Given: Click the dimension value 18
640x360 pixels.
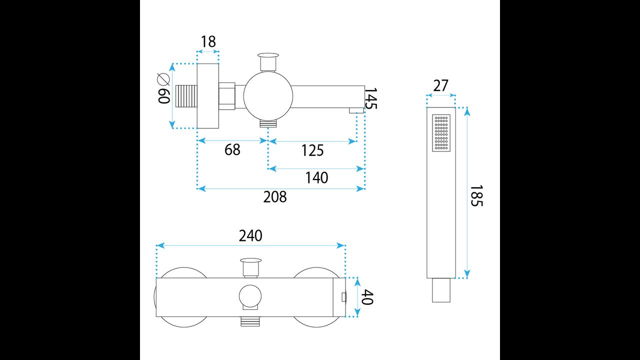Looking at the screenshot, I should pyautogui.click(x=208, y=42).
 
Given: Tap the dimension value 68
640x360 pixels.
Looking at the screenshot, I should pyautogui.click(x=232, y=149).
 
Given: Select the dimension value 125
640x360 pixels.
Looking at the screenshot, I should pyautogui.click(x=313, y=150).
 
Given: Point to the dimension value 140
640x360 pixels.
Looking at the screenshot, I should pyautogui.click(x=317, y=177).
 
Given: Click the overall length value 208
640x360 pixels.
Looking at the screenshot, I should pyautogui.click(x=275, y=197).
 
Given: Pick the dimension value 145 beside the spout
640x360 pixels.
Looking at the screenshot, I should pyautogui.click(x=370, y=98).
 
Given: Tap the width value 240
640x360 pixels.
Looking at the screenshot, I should pyautogui.click(x=250, y=236).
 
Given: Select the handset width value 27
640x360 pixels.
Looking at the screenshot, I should pyautogui.click(x=440, y=86).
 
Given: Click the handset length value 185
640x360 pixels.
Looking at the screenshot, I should pyautogui.click(x=477, y=196).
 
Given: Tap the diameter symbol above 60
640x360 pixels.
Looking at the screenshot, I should pyautogui.click(x=163, y=78).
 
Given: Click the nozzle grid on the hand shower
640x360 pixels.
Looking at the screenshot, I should pyautogui.click(x=441, y=133).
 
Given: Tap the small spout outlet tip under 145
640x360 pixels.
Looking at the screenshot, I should pyautogui.click(x=356, y=110).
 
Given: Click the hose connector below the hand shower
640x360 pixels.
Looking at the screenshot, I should pyautogui.click(x=441, y=290).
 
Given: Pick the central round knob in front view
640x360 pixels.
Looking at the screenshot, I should pyautogui.click(x=250, y=297).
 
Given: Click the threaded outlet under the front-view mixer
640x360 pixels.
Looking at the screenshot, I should pyautogui.click(x=250, y=321).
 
